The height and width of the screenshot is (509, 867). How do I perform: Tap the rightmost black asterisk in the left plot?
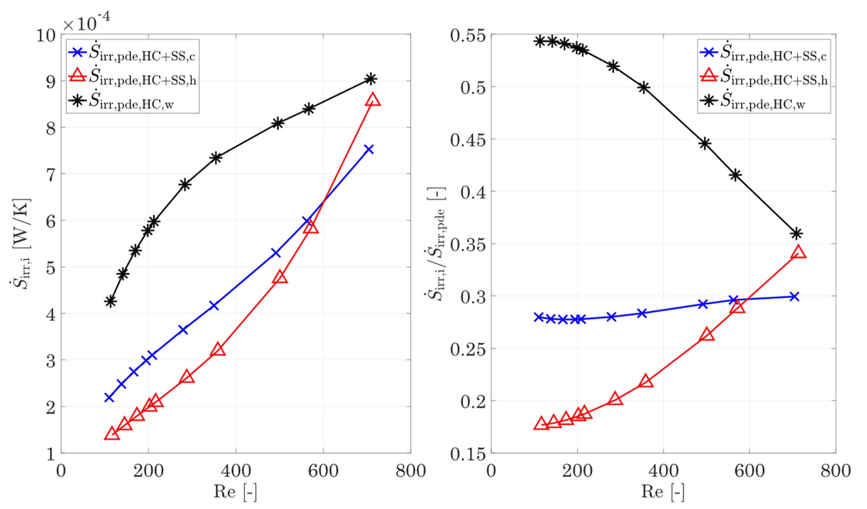(370, 79)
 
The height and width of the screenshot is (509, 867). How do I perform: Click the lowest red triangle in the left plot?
(111, 434)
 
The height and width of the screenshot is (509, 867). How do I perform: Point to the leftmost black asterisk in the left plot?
(110, 301)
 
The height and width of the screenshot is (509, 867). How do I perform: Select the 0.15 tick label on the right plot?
(468, 454)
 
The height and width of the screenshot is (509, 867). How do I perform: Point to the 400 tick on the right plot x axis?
(663, 471)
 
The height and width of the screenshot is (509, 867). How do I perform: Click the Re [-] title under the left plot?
(235, 492)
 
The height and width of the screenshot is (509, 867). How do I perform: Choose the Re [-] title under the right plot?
(663, 492)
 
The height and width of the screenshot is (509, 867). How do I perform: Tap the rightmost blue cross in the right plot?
(794, 296)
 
